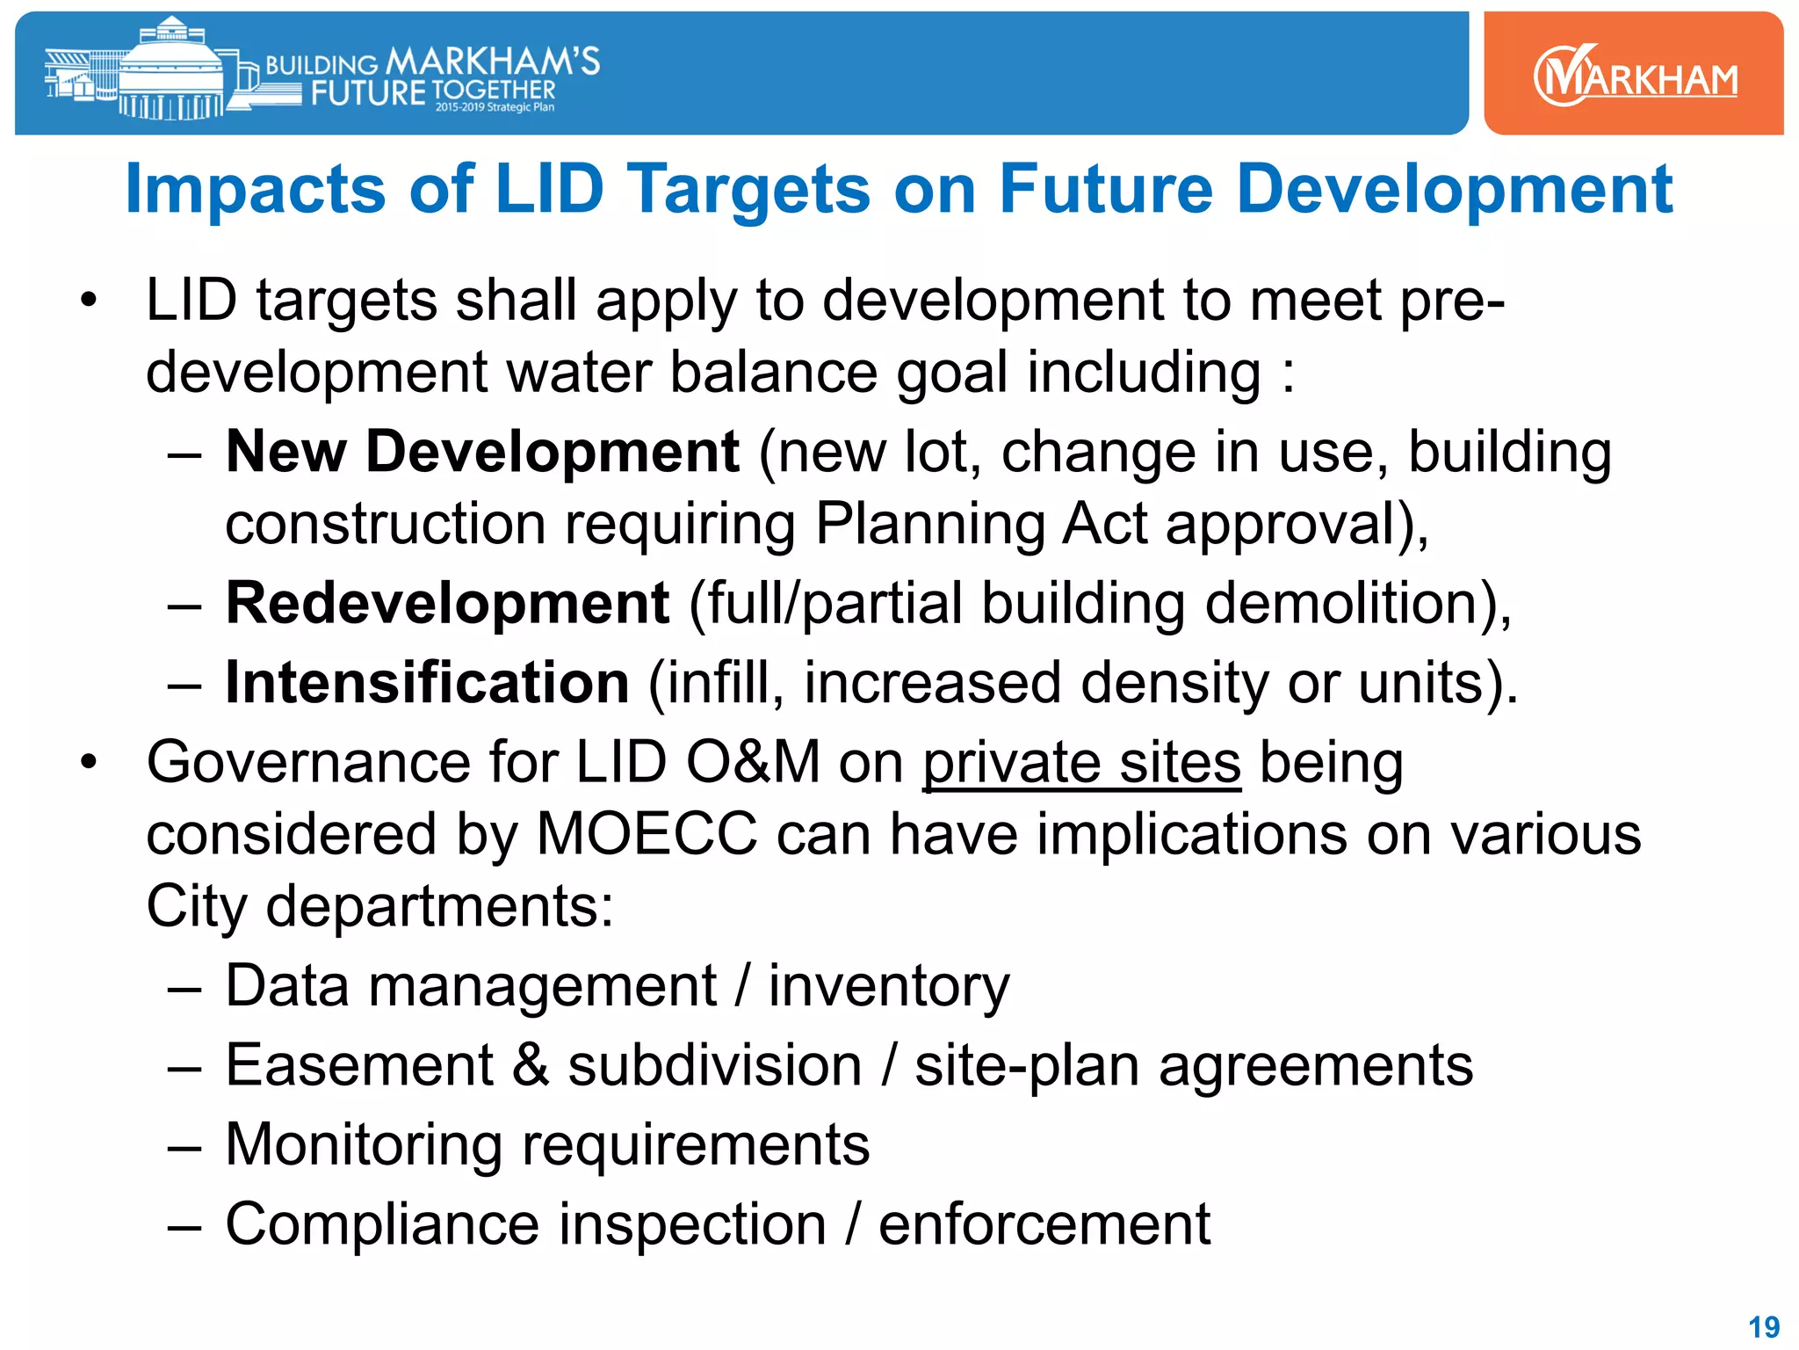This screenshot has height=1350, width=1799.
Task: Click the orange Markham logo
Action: click(x=1634, y=76)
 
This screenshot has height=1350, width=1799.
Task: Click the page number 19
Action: click(x=1764, y=1326)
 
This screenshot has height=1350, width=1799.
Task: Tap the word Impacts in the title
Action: click(x=256, y=190)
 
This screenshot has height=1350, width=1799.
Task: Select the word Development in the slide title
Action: click(x=1454, y=190)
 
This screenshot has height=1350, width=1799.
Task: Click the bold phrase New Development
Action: click(x=482, y=452)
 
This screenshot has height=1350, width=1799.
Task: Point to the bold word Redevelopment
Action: click(x=447, y=604)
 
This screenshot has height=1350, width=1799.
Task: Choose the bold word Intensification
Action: click(x=427, y=683)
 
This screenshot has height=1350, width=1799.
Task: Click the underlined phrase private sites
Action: click(x=1081, y=763)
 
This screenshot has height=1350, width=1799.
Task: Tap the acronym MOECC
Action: click(x=646, y=834)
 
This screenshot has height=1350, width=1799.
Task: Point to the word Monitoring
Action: click(x=364, y=1145)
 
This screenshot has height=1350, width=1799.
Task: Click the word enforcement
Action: click(x=1044, y=1224)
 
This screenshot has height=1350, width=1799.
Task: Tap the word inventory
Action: click(x=889, y=987)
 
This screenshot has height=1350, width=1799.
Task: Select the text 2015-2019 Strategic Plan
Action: click(x=495, y=107)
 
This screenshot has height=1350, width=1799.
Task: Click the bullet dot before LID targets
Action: click(x=88, y=301)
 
